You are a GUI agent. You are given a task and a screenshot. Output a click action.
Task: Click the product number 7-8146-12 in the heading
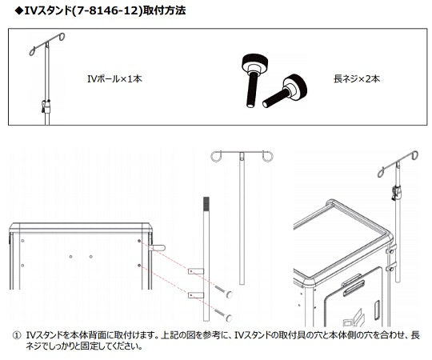tap(106, 10)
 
